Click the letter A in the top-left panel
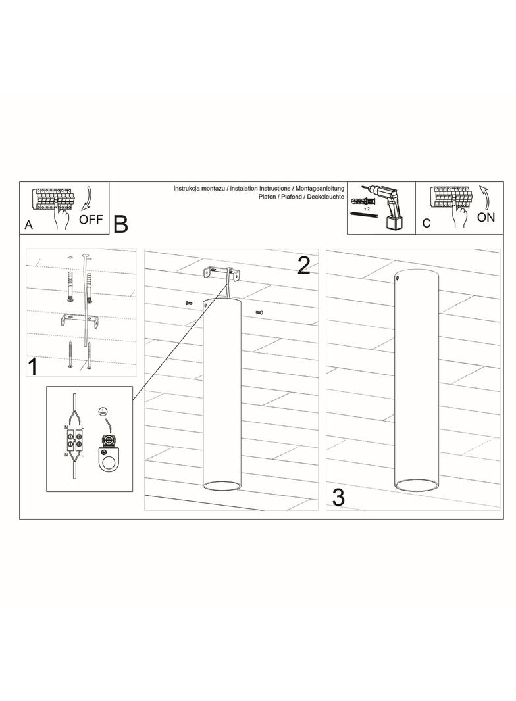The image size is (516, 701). (x=29, y=224)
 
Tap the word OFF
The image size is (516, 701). (x=91, y=219)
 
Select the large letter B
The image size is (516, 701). (x=121, y=224)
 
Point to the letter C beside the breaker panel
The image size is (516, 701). (x=426, y=223)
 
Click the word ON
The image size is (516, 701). (x=486, y=217)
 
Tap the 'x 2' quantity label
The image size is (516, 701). (x=367, y=208)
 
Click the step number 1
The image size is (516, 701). (x=32, y=366)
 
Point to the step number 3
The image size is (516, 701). (x=338, y=498)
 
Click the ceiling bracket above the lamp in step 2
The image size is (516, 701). (x=221, y=274)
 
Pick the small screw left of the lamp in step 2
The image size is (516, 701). (x=189, y=303)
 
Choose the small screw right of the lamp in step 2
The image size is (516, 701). (x=259, y=312)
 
